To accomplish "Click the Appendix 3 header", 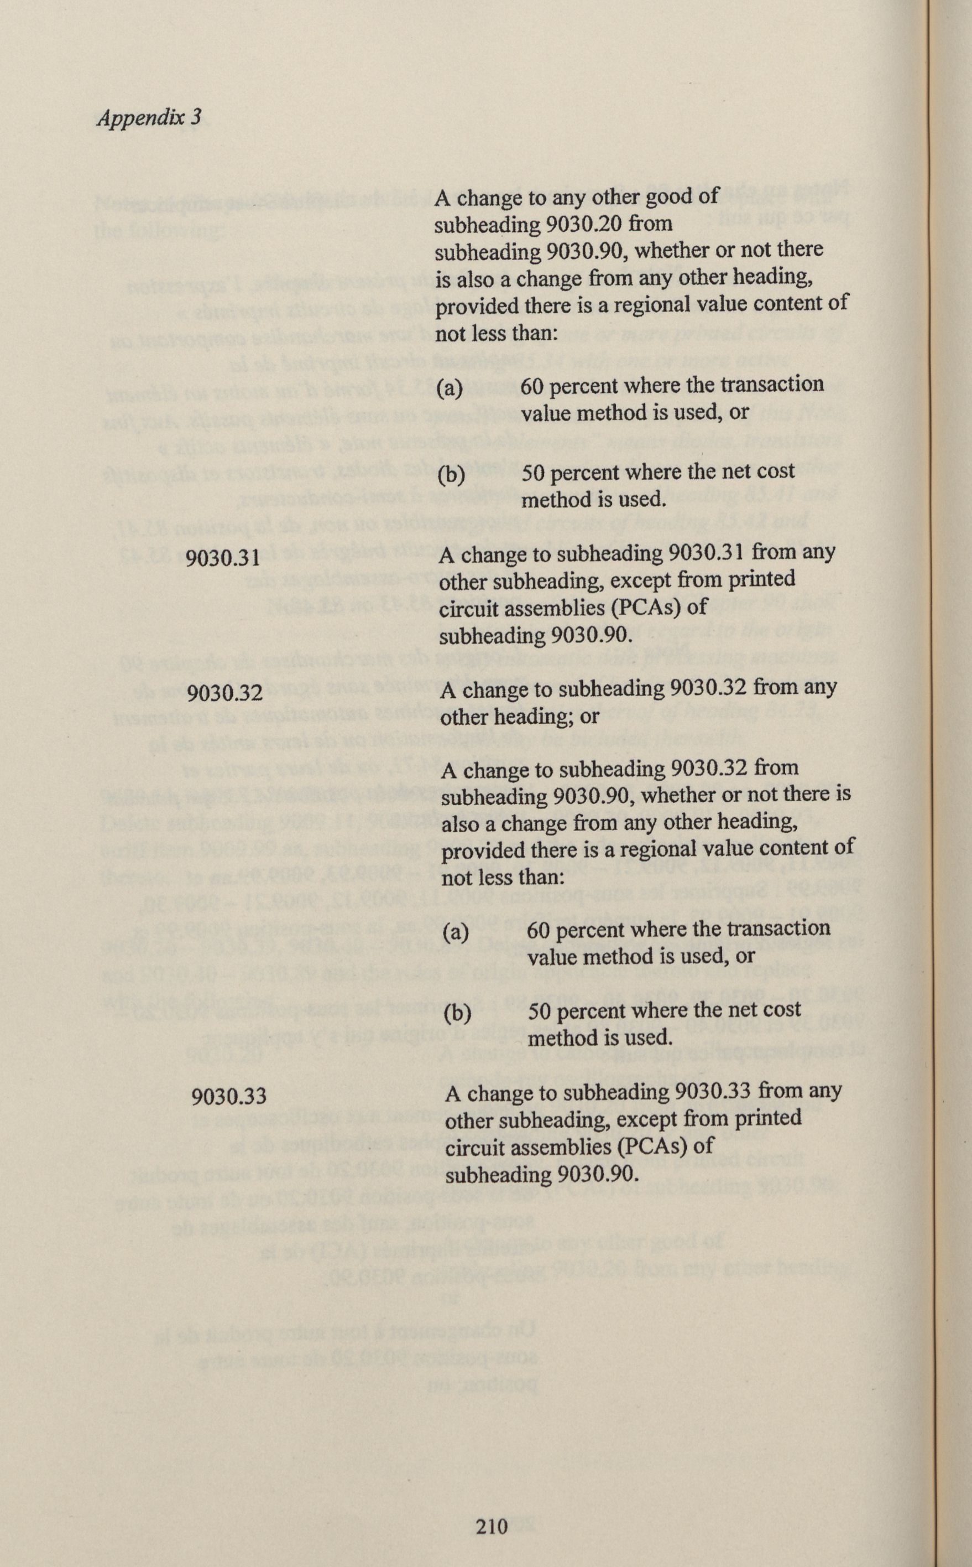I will [x=149, y=117].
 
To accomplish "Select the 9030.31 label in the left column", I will [x=222, y=558].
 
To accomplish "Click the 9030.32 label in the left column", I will [x=225, y=695].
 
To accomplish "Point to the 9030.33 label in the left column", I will [x=229, y=1096].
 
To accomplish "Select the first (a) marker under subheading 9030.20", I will [x=450, y=387].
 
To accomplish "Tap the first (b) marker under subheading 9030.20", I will [x=450, y=475].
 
